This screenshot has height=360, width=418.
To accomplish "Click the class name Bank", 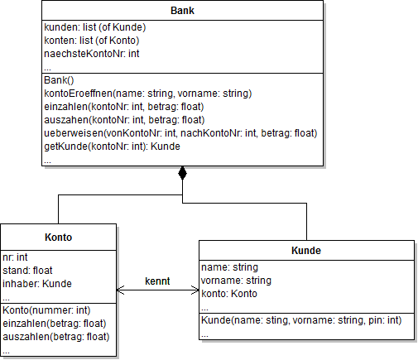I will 182,12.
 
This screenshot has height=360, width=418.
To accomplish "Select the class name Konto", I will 60,237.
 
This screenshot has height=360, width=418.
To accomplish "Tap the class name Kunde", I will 306,251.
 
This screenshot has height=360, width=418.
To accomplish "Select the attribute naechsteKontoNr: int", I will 91,54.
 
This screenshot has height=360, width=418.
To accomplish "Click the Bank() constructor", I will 59,80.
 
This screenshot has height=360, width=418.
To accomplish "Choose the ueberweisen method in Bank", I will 180,133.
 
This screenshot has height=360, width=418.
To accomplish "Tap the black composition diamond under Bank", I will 183,174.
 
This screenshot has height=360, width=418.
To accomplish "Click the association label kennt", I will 157,281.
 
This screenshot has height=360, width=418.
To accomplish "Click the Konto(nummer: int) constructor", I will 47,310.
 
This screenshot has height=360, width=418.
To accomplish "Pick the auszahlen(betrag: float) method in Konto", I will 55,336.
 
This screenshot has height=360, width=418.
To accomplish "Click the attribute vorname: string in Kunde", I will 235,281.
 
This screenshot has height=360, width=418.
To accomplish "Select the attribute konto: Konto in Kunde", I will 230,294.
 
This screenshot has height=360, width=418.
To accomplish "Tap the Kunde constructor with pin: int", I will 301,320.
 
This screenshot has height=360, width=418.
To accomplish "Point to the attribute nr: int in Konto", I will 16,257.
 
